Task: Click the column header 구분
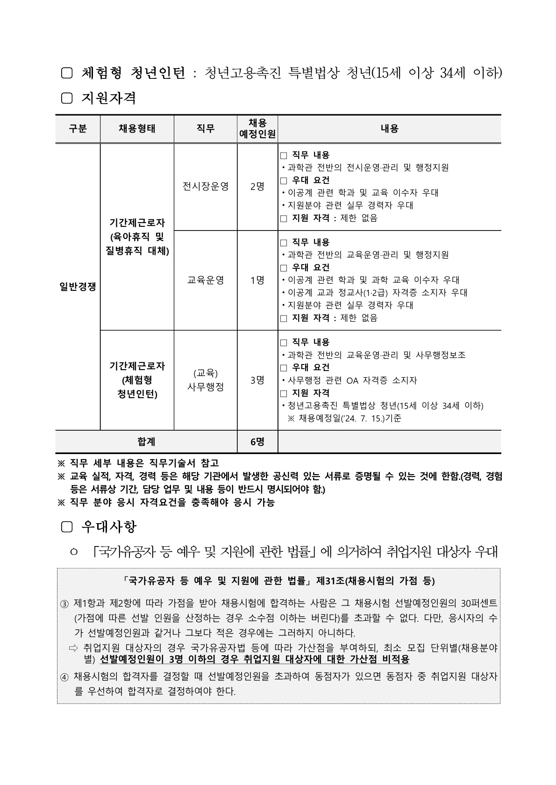78,129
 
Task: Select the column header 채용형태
137,129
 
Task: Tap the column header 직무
206,129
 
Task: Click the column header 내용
389,129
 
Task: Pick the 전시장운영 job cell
206,187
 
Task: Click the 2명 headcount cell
257,187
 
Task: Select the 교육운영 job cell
206,280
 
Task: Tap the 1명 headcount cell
257,280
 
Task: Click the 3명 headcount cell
257,380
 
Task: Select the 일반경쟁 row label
78,287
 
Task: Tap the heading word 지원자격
109,98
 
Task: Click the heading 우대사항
109,527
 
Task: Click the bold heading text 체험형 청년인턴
134,73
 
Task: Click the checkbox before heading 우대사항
67,527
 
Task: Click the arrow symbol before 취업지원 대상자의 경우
73,648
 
